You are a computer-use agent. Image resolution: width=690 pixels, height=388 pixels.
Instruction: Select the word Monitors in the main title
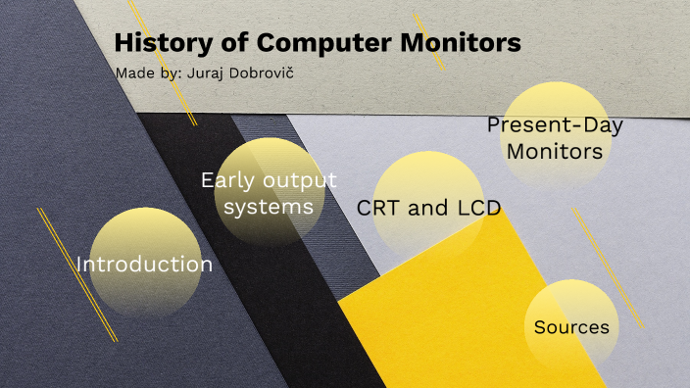[467, 44]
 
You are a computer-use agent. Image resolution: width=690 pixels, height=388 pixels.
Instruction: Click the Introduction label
[144, 265]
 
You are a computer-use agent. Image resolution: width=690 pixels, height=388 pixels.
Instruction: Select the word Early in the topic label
[224, 180]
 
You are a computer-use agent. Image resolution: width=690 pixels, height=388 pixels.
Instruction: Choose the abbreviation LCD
[479, 208]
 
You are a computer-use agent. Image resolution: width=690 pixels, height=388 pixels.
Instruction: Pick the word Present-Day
[555, 125]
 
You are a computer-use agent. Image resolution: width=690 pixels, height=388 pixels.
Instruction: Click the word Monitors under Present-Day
[554, 152]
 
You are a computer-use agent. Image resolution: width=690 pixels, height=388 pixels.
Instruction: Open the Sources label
[571, 327]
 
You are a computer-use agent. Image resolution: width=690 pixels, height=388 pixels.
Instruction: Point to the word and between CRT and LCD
[428, 208]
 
